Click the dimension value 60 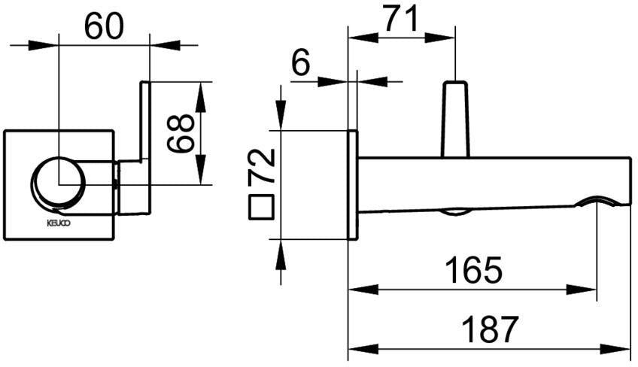103,27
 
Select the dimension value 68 181,133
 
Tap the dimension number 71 401,19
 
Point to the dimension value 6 301,62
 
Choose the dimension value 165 474,270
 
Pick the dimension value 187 491,329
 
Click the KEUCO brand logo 59,223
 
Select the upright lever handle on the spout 456,120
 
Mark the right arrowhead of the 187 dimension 616,349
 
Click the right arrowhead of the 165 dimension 582,290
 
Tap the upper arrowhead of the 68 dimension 200,97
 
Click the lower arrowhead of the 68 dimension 200,170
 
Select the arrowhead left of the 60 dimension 44,45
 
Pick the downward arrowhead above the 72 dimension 281,116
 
